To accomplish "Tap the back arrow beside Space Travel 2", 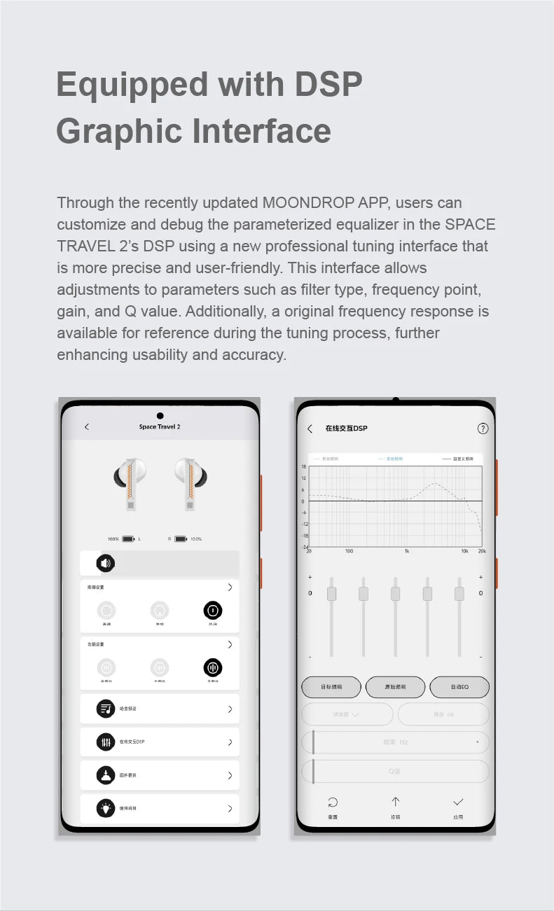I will coord(87,426).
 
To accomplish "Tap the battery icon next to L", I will coord(128,539).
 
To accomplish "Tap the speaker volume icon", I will coord(105,563).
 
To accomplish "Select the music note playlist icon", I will coord(106,709).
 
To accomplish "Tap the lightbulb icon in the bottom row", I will coord(106,808).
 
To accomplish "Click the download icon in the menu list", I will coord(106,775).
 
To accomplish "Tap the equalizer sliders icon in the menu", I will coord(106,742).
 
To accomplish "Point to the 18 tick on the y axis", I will coord(304,466).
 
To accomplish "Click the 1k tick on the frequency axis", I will coord(406,551).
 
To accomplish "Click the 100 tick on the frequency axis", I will coord(349,551).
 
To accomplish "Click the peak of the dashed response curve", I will coord(436,483).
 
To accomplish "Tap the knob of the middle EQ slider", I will coord(396,594).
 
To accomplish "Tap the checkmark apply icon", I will coord(458,802).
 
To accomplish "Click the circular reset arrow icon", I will coord(333,802).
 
